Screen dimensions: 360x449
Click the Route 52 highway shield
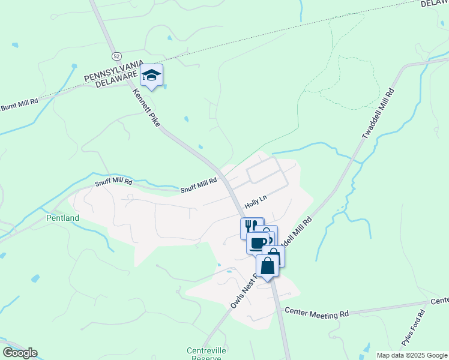116,55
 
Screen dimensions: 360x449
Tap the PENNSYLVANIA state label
113,71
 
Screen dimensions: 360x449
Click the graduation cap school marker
151,76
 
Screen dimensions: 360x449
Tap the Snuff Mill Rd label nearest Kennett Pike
199,185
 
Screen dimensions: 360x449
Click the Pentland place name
62,218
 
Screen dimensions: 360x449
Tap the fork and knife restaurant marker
252,227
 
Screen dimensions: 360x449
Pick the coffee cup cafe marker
258,242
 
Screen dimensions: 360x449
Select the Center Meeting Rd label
317,312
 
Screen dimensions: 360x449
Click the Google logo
20,353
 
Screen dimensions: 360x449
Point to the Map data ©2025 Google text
411,355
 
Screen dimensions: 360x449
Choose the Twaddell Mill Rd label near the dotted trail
378,114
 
